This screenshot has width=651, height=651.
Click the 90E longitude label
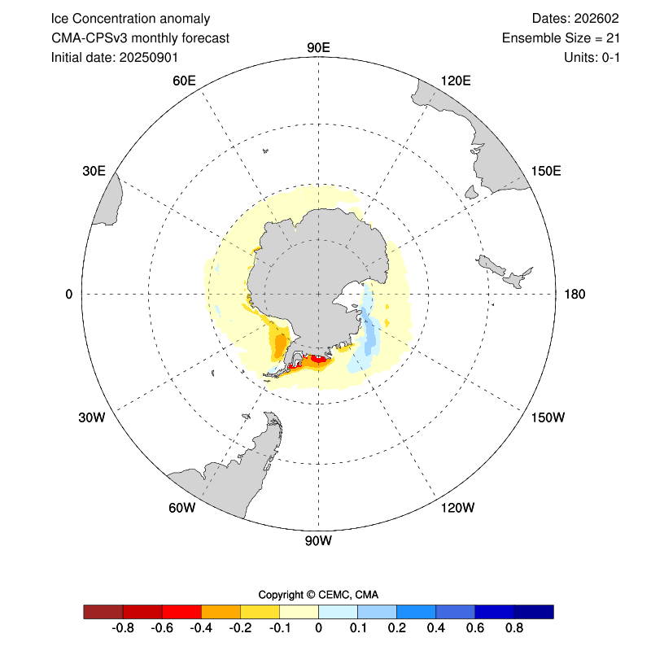[x=318, y=46]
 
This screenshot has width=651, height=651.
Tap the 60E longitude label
[x=185, y=81]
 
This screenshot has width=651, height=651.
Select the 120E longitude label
[x=456, y=81]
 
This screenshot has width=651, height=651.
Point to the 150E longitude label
[x=546, y=171]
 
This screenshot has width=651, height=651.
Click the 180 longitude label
[x=575, y=294]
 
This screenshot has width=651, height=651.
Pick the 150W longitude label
[x=547, y=417]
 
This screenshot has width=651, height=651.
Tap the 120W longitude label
[x=457, y=509]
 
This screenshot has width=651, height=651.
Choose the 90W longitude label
[x=318, y=540]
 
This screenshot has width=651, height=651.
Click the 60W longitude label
[x=181, y=509]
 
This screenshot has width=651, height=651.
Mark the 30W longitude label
[x=91, y=417]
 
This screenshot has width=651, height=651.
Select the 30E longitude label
[x=94, y=171]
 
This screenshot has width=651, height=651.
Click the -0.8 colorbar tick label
[x=122, y=628]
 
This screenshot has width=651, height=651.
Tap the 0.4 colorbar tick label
[x=436, y=628]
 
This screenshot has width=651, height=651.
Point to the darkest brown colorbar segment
[x=103, y=611]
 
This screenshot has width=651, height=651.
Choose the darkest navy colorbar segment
[x=534, y=611]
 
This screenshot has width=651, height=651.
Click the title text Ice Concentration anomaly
[x=130, y=19]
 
